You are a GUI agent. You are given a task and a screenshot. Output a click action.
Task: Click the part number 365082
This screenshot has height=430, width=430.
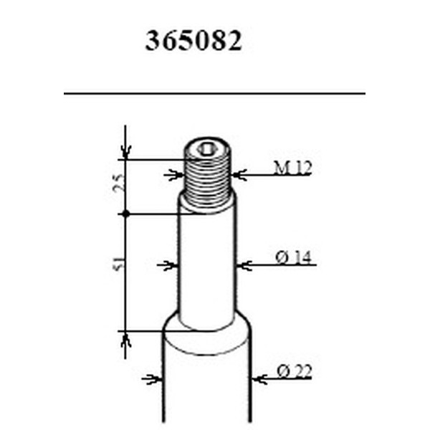[x=193, y=41]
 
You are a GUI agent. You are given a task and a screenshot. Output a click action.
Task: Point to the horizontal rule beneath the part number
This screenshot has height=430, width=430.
[x=214, y=93]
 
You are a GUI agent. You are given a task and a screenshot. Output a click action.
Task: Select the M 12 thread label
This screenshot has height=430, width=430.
[x=292, y=169]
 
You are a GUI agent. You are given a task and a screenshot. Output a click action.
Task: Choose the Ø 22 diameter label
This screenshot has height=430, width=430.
[x=294, y=372]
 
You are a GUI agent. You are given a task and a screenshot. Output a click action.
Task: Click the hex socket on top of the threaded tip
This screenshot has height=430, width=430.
[x=207, y=149]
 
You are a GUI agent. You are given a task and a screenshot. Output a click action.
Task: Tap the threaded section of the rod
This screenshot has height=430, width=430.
[x=207, y=179]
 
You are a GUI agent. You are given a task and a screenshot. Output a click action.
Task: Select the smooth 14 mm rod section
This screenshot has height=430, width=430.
[x=207, y=265]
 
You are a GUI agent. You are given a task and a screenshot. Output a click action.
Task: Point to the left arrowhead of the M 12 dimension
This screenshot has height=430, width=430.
[x=173, y=174]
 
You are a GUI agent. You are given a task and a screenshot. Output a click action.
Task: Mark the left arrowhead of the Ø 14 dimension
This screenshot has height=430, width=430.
[x=171, y=265]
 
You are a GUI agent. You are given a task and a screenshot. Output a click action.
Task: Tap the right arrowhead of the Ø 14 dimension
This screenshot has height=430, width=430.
[x=242, y=265]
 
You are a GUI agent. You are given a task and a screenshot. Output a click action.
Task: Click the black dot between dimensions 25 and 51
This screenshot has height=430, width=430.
[x=126, y=214]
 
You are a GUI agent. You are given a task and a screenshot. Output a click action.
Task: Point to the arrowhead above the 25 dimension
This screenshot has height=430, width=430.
[x=126, y=152]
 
